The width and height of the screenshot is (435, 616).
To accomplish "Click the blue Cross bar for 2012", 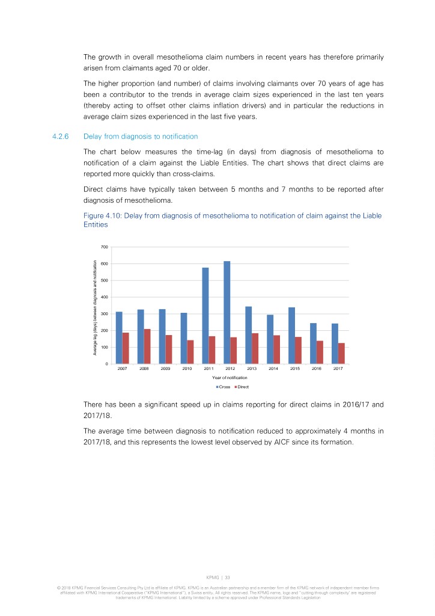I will point(227,312).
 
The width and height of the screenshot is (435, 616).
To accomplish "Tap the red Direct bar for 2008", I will point(147,346).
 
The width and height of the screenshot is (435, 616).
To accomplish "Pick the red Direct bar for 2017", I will point(341,353).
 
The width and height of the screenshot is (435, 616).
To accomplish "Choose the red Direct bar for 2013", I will point(255,348).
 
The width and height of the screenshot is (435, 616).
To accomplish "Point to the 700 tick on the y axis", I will point(105,247).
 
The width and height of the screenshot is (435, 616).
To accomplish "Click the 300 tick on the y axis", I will point(105,314).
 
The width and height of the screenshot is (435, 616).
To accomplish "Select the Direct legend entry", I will point(241,386).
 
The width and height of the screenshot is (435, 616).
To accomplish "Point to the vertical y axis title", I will point(95,306).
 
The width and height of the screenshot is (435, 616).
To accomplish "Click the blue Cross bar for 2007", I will point(119,337).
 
